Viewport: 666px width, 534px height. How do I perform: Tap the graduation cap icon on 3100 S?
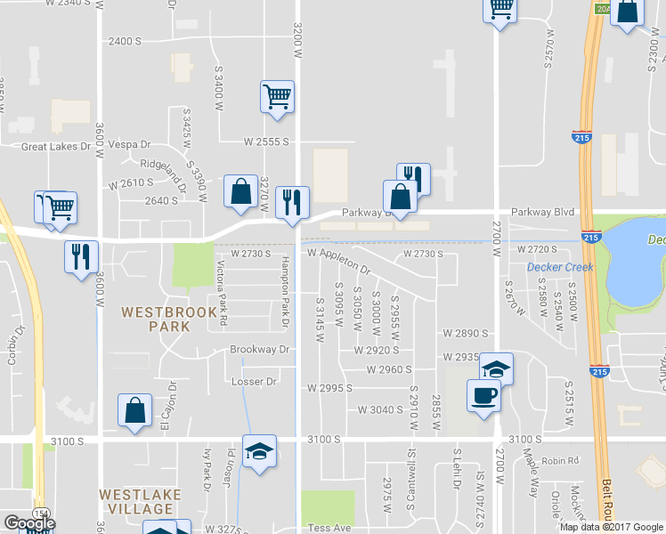coord(259,452)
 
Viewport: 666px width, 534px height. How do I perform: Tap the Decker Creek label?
coord(560,267)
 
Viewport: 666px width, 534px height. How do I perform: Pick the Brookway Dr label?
coord(260,350)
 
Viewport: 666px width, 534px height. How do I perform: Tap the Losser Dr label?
coord(254,382)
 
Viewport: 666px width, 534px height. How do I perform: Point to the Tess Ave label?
coord(330,528)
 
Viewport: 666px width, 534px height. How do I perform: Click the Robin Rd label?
coord(560,461)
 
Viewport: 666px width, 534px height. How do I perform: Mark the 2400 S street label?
coord(125,42)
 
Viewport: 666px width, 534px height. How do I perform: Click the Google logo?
coord(29,524)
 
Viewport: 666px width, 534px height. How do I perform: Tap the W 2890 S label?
coord(466,333)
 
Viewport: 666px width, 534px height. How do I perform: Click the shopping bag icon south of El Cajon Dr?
coord(134,411)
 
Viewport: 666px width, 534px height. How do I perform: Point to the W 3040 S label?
coord(379,410)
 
